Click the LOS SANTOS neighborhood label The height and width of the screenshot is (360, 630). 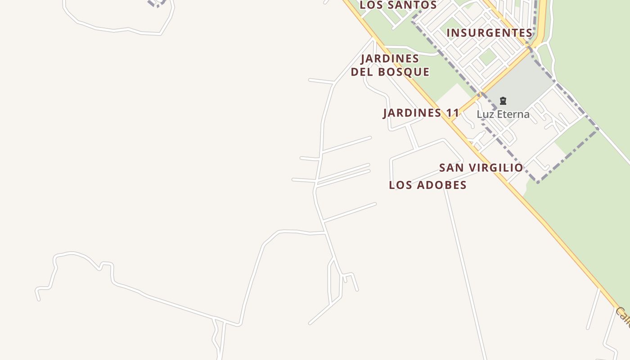398,5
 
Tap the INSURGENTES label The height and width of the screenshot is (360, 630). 490,33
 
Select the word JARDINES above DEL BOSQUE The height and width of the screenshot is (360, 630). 390,58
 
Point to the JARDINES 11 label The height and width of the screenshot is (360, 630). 421,113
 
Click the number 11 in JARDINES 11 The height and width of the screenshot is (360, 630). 453,113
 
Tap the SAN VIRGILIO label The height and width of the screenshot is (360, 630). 481,168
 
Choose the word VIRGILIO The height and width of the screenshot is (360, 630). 496,168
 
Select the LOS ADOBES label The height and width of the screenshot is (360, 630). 427,185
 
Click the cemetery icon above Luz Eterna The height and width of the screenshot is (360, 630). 503,101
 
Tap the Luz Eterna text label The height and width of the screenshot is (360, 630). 503,114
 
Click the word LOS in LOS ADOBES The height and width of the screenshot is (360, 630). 398,185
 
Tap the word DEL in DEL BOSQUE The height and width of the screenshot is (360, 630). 361,72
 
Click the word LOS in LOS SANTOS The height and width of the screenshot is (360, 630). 370,5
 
